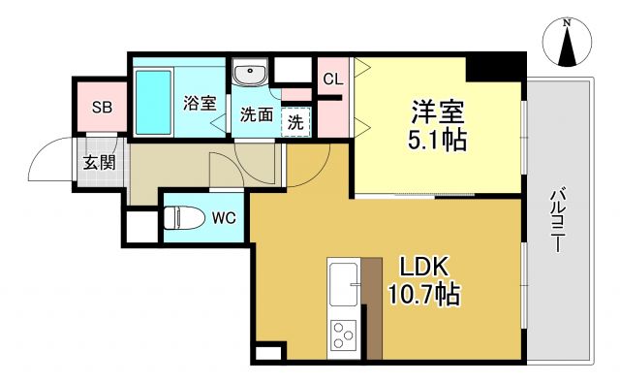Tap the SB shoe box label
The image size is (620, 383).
(101, 108)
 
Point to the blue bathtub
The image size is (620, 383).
(155, 102)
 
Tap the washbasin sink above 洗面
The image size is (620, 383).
(252, 75)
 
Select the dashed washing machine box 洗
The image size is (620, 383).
(297, 122)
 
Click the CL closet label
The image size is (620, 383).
(332, 79)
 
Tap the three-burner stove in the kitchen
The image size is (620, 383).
(342, 335)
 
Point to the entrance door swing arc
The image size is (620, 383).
(46, 159)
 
